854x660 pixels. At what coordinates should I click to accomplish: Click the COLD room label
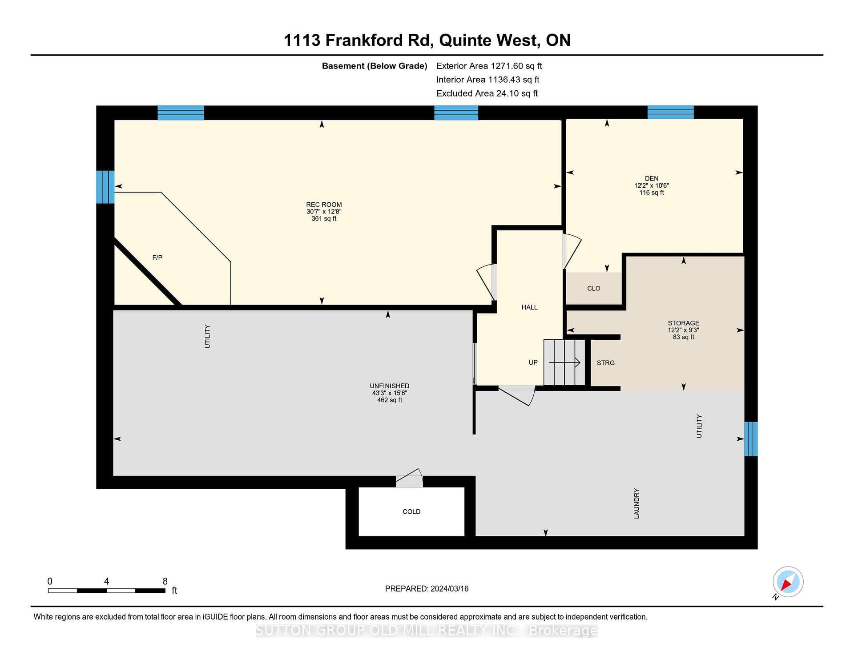point(411,511)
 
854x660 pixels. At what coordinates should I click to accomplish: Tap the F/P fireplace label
point(157,258)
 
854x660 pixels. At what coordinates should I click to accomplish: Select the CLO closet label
point(594,288)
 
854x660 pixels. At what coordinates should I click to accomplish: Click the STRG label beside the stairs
point(606,363)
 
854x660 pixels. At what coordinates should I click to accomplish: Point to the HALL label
point(530,307)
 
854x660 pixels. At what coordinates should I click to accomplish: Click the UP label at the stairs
point(533,362)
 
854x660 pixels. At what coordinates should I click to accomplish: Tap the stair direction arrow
point(564,362)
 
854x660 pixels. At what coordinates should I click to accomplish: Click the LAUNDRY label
point(636,503)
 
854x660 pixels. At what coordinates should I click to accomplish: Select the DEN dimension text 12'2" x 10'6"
point(652,185)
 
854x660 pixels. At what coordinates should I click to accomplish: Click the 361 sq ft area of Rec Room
point(324,219)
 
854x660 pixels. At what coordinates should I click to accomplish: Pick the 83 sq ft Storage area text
point(684,337)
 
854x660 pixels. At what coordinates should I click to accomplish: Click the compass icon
point(788,582)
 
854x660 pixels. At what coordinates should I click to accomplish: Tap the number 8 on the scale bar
point(165,581)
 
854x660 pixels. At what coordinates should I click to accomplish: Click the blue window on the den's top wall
point(671,112)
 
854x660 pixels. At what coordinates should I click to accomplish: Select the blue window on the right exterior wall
point(751,439)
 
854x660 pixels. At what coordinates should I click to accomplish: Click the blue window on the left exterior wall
point(105,187)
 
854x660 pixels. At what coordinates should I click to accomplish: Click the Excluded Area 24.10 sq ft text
point(487,93)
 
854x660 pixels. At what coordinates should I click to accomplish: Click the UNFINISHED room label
point(390,386)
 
